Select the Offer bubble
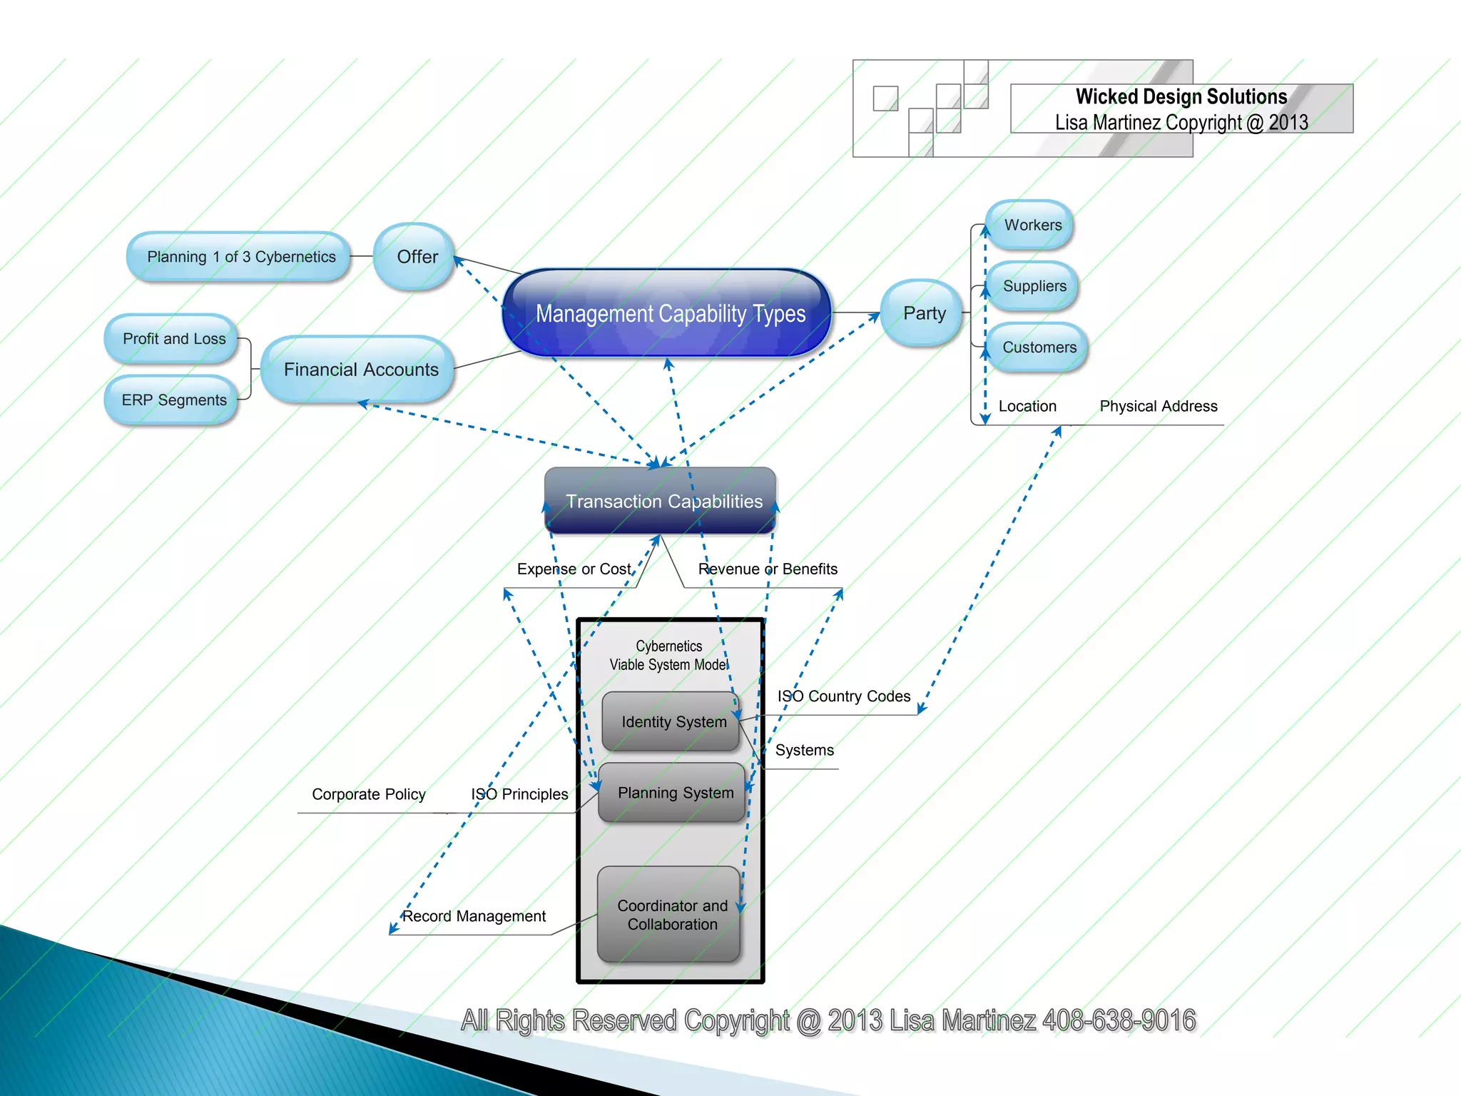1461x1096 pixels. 414,257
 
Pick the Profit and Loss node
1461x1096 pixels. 173,339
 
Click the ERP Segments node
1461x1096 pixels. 173,400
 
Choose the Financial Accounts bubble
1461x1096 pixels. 360,370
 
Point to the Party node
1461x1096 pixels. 923,313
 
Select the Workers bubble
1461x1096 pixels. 1032,225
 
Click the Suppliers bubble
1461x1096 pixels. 1034,286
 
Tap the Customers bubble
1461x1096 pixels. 1039,347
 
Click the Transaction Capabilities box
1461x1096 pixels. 661,501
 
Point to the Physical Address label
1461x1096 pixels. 1158,407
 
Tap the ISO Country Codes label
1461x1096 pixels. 843,696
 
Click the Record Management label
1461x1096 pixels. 474,916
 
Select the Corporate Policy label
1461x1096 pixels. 368,794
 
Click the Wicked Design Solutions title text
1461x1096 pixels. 1181,97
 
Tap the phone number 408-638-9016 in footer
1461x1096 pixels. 1119,1020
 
